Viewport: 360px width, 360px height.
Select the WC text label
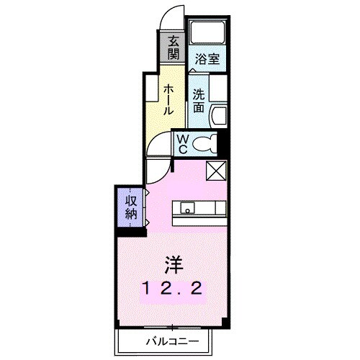[x=182, y=144]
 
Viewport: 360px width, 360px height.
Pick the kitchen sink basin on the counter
[x=188, y=210]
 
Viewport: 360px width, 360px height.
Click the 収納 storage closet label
[x=131, y=207]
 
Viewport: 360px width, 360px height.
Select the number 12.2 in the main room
[x=175, y=289]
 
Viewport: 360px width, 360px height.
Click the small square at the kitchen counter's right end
[x=222, y=209]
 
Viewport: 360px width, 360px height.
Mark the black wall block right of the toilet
[x=224, y=143]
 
